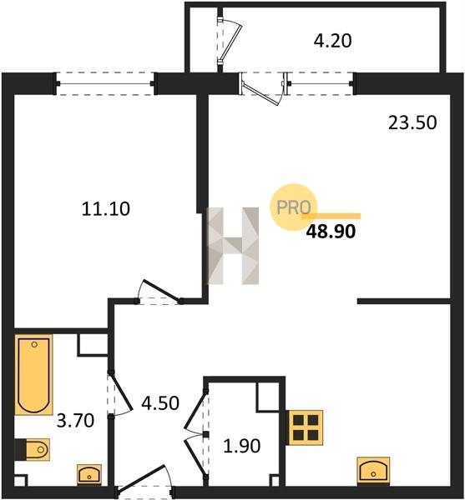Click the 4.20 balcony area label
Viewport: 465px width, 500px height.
[332, 41]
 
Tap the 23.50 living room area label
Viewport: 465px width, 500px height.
[412, 122]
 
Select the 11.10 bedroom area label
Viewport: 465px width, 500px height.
[106, 209]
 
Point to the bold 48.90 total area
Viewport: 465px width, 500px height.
[331, 232]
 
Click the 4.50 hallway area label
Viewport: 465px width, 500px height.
[160, 403]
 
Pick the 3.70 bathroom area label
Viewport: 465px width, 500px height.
[75, 420]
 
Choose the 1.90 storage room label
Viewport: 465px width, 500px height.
[242, 446]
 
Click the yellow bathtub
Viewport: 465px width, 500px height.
[33, 375]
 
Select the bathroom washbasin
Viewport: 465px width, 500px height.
[89, 474]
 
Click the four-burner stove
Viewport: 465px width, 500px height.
[306, 427]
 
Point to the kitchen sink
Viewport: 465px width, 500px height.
[373, 471]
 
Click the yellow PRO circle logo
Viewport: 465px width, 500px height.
[294, 207]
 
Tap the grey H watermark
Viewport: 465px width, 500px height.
[233, 246]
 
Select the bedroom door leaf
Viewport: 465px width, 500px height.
[160, 290]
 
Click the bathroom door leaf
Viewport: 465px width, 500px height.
[121, 391]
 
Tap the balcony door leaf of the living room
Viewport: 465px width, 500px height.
[260, 94]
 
